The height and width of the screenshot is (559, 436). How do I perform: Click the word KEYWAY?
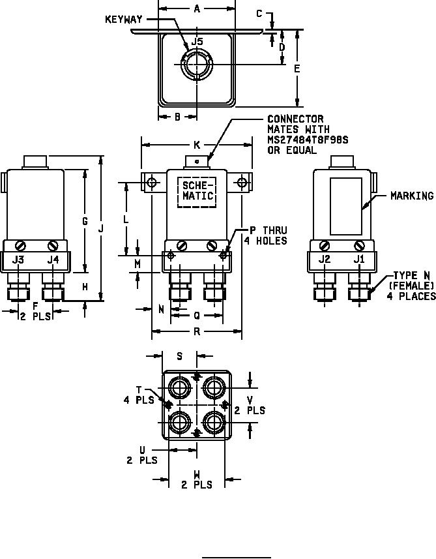(124, 20)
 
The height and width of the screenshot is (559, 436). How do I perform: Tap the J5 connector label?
(197, 42)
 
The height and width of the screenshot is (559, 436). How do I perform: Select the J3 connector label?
(18, 260)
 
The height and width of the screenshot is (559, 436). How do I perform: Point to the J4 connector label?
(53, 260)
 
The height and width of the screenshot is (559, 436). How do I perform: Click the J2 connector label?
(325, 259)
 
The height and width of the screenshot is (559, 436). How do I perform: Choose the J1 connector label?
(359, 259)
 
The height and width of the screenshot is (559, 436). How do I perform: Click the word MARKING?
(412, 196)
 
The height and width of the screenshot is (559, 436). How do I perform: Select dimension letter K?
(197, 145)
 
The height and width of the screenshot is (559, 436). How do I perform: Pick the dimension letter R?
(197, 331)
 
